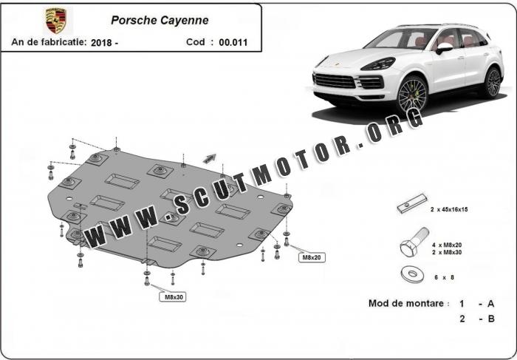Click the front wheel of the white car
point(412,95)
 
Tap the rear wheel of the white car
point(492,81)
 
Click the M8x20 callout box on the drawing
point(311,257)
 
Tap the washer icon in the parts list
point(408,274)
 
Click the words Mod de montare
point(407,304)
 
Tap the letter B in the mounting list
point(491,319)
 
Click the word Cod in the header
point(196,42)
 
